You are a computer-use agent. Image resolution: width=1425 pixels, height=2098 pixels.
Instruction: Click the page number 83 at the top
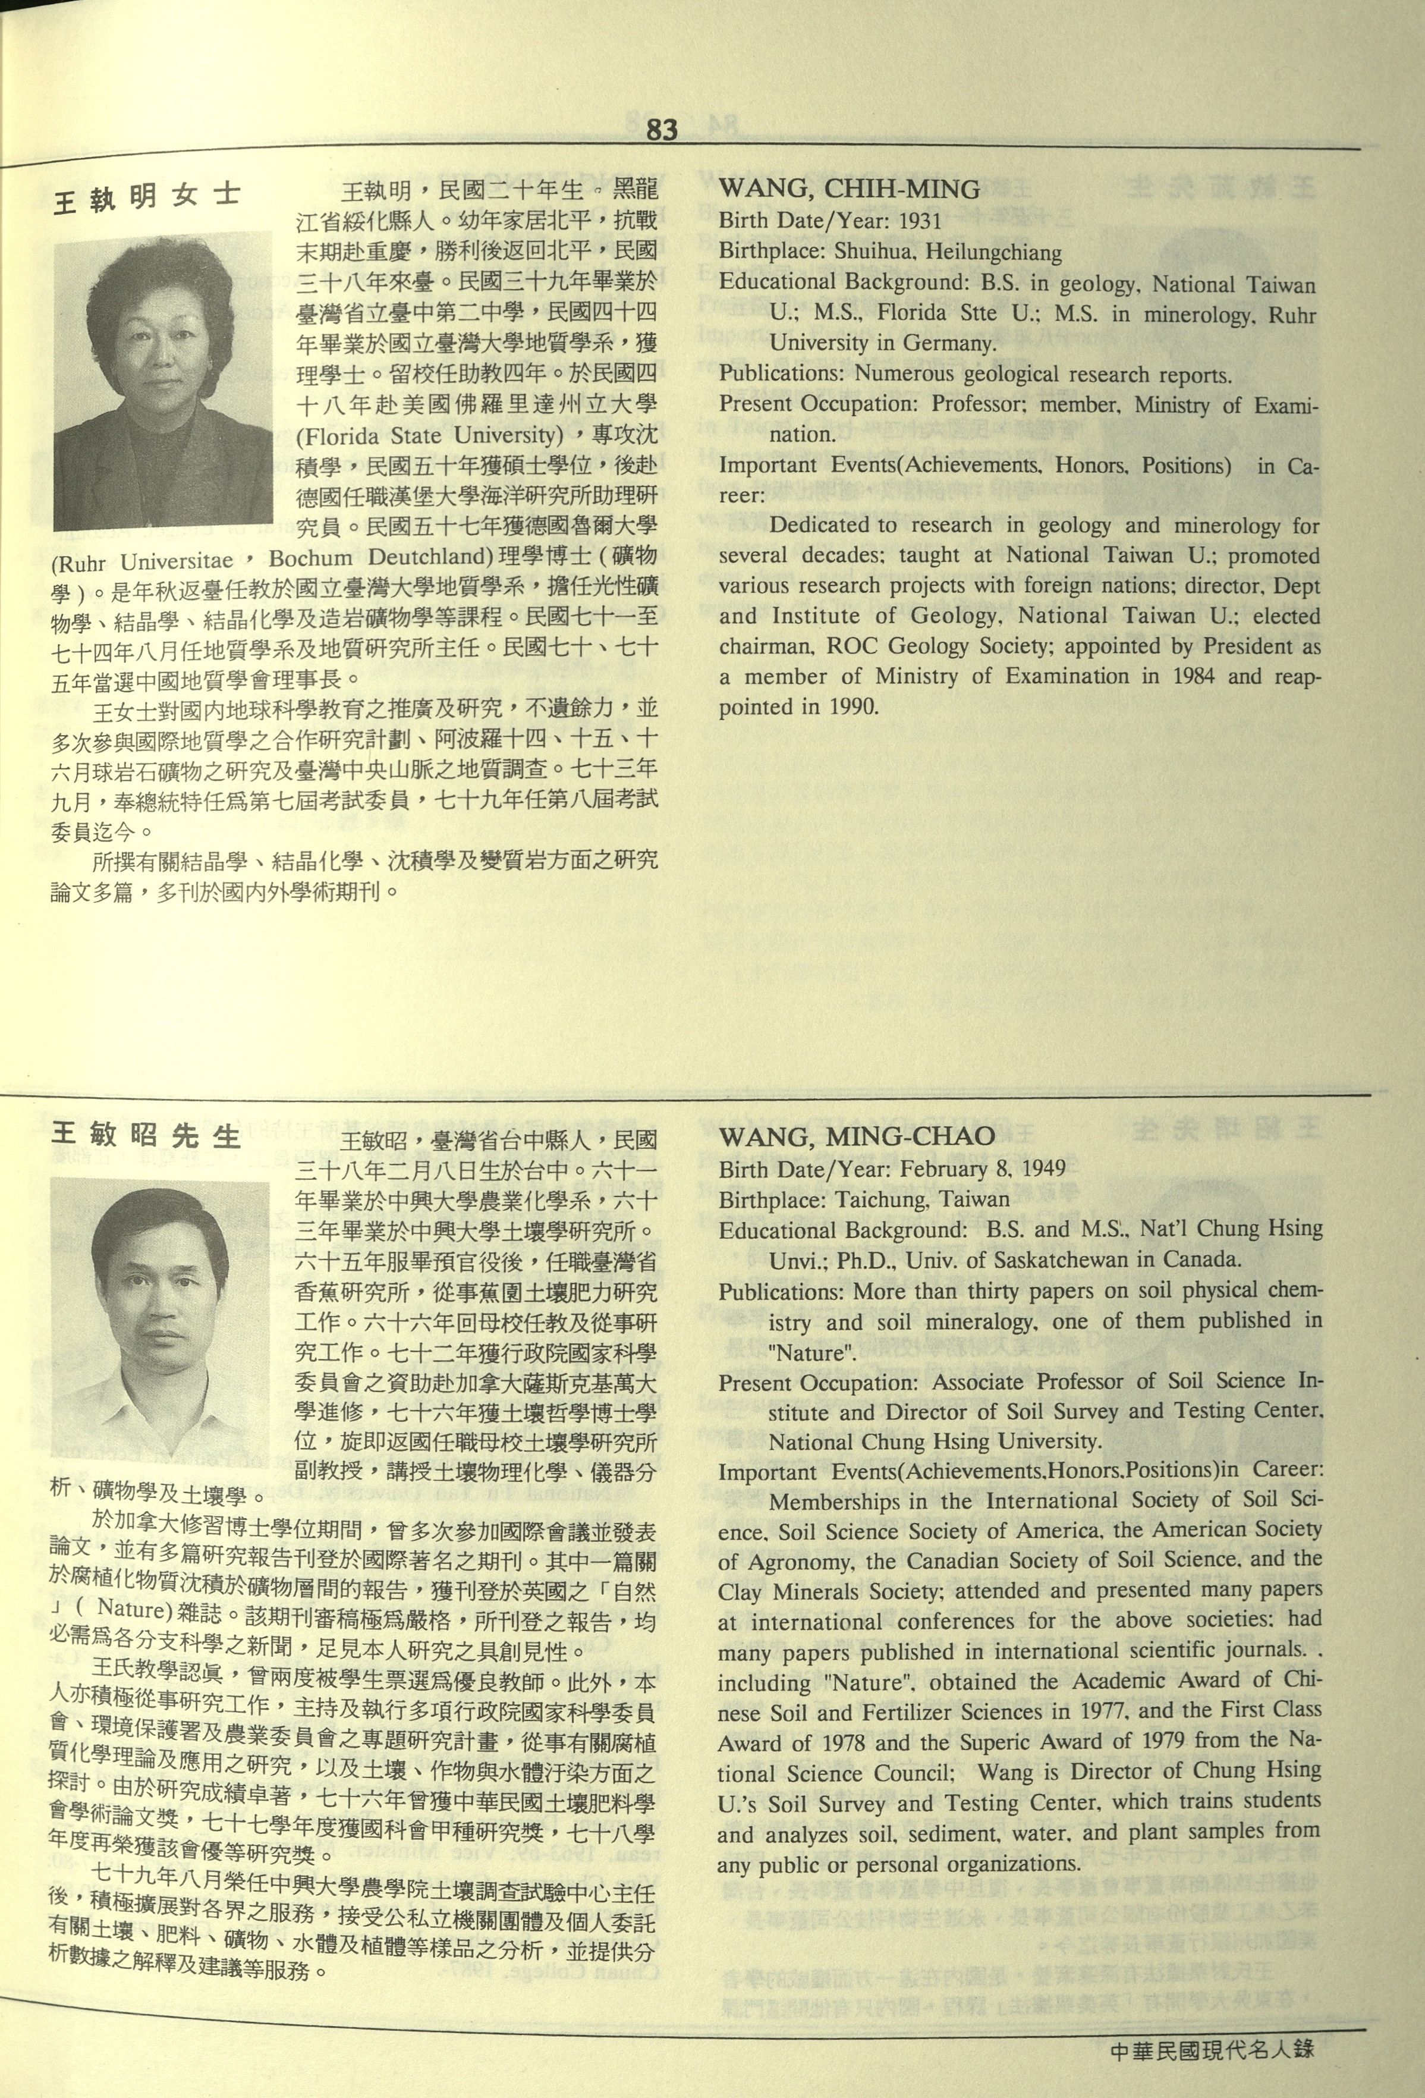662,130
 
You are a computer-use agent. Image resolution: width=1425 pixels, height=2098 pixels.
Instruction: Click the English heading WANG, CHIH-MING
849,190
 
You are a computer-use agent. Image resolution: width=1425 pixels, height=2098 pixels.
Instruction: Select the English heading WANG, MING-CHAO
857,1136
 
